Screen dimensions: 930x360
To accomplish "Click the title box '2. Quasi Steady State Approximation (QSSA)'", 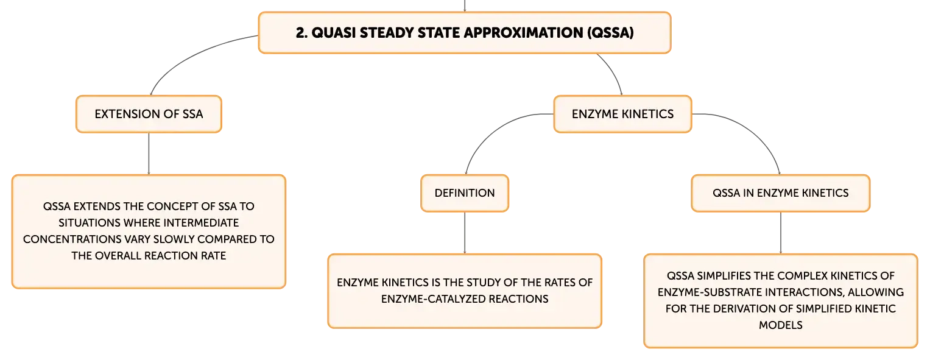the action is [x=465, y=33].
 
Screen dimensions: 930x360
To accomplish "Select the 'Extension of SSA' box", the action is [x=149, y=114].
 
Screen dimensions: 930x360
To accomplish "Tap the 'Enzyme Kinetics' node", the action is [x=623, y=114].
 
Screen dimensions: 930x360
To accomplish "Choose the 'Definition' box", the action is [x=465, y=193].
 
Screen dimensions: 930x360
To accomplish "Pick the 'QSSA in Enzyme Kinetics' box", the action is [x=781, y=193].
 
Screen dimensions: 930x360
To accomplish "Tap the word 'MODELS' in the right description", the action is [x=781, y=325].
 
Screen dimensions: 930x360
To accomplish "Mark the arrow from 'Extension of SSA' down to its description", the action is [x=149, y=154].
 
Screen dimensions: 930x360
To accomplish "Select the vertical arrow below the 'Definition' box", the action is [x=465, y=233].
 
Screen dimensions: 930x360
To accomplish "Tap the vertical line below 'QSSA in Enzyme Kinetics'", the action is [x=781, y=233].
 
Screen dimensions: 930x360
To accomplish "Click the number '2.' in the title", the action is [x=301, y=33].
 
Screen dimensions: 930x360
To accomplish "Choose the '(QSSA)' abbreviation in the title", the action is [x=610, y=33].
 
